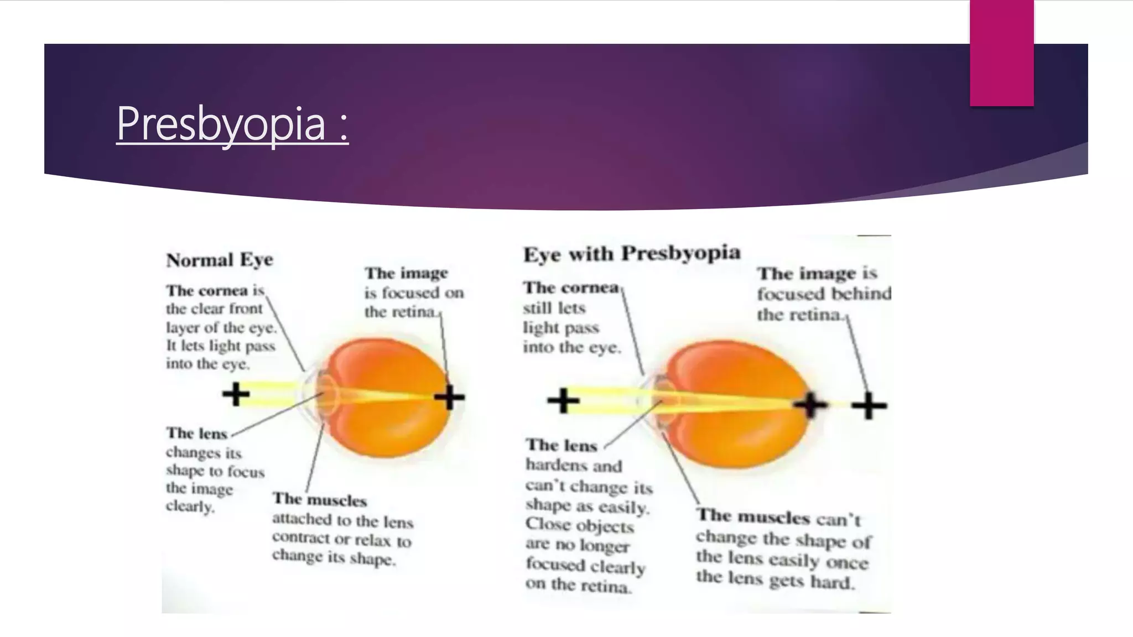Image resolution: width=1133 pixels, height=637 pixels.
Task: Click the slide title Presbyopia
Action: [231, 124]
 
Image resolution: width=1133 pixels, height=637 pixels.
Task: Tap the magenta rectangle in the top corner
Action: [1001, 53]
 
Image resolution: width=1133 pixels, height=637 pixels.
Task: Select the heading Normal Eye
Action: [220, 259]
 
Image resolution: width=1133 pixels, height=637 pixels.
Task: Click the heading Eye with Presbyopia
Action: [631, 254]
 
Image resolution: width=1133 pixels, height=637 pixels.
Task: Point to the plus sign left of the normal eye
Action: [236, 394]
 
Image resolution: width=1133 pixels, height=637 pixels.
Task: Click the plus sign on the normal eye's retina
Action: [449, 397]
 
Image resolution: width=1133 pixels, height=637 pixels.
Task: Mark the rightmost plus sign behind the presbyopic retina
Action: [869, 406]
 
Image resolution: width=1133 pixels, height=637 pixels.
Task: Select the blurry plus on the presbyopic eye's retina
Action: [810, 405]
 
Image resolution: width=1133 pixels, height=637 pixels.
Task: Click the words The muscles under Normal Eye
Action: [320, 499]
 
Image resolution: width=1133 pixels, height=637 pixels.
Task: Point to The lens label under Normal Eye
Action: [197, 433]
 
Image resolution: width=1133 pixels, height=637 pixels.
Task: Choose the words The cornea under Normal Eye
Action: [207, 290]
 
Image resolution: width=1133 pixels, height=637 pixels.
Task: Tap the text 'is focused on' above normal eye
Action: [414, 293]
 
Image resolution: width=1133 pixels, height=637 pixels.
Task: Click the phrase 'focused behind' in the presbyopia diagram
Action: [824, 294]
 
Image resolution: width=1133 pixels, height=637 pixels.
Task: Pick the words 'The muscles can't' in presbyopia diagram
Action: [779, 518]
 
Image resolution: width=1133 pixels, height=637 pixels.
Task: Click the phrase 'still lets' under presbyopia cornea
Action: [554, 308]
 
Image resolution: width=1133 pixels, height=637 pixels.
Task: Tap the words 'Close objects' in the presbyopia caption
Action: [579, 525]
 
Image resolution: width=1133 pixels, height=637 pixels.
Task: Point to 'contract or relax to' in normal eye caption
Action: [341, 539]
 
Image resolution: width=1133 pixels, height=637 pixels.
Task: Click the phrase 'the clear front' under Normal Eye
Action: [215, 309]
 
